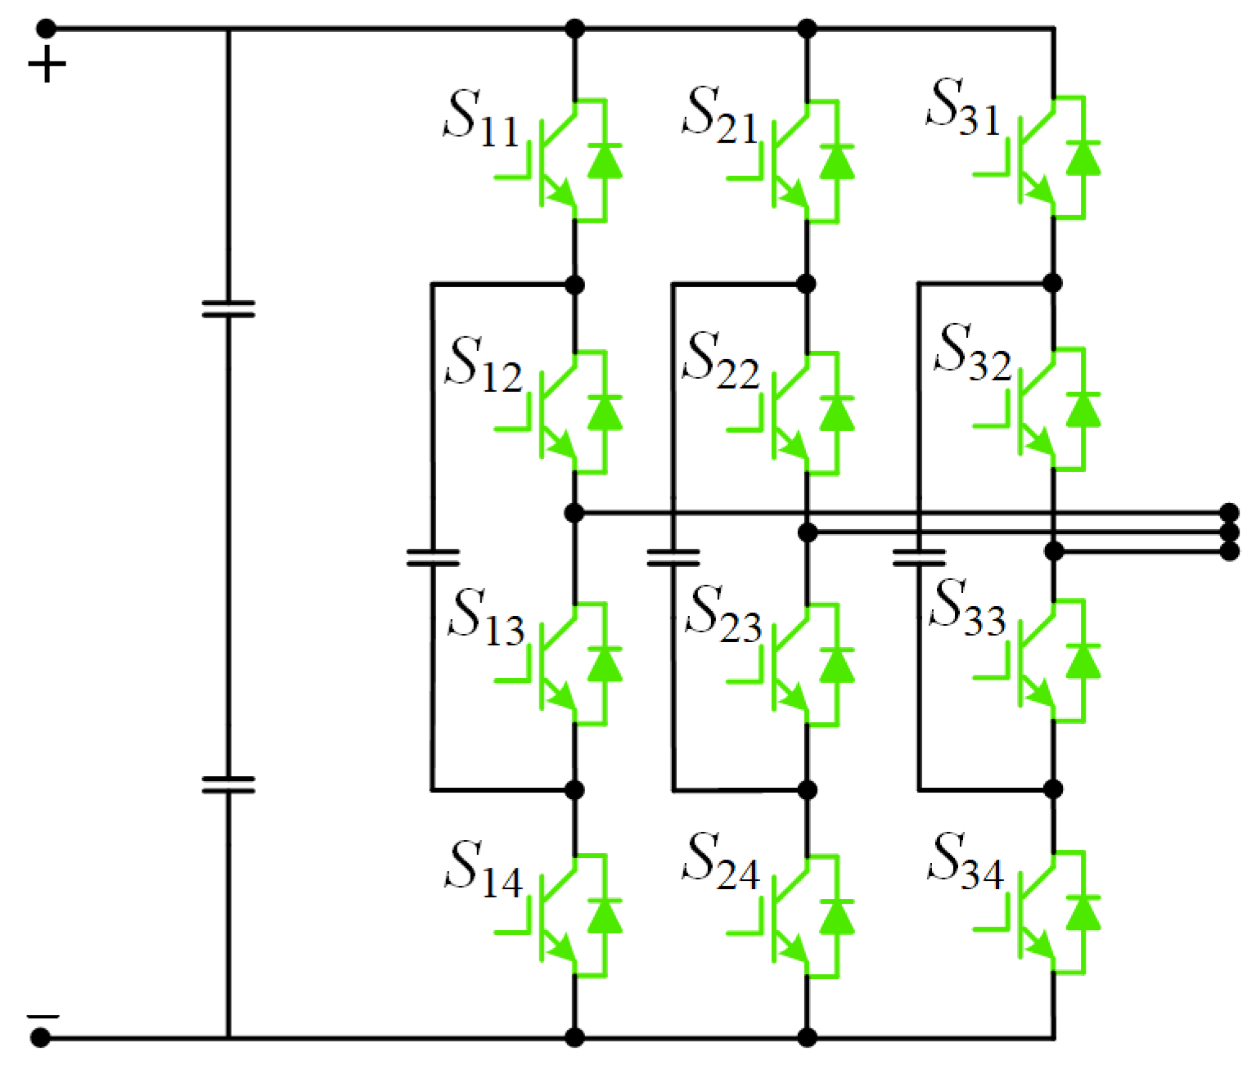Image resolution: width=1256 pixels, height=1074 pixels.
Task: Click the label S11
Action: pyautogui.click(x=481, y=119)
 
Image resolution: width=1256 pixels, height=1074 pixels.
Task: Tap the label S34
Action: pyautogui.click(x=966, y=862)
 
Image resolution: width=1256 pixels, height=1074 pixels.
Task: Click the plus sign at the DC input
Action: pyautogui.click(x=47, y=65)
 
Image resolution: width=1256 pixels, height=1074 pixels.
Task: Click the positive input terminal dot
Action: pyautogui.click(x=47, y=29)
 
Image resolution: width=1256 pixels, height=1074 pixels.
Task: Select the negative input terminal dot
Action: pyautogui.click(x=40, y=1038)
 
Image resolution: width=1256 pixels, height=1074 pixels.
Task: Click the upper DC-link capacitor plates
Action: pyautogui.click(x=228, y=308)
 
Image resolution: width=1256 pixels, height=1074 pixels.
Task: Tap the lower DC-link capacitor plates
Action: pyautogui.click(x=228, y=784)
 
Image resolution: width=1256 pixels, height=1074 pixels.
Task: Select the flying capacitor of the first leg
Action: pyautogui.click(x=433, y=558)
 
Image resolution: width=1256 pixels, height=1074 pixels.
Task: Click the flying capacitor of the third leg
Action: pyautogui.click(x=919, y=558)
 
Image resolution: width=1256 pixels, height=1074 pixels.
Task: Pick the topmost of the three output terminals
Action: pyautogui.click(x=1229, y=513)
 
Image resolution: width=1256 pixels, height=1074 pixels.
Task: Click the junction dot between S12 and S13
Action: pyautogui.click(x=574, y=513)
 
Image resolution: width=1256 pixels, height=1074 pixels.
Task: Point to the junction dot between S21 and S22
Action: pyautogui.click(x=807, y=284)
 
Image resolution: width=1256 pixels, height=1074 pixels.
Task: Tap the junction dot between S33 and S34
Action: pyautogui.click(x=1054, y=789)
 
